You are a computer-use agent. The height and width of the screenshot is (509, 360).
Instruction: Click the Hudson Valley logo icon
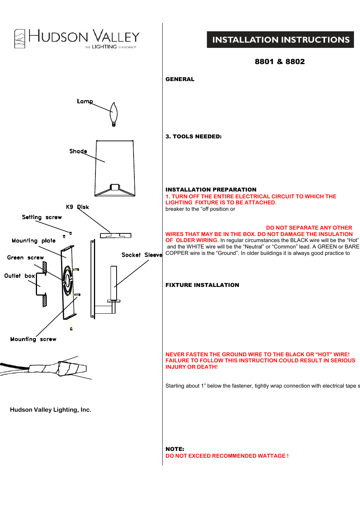pyautogui.click(x=20, y=39)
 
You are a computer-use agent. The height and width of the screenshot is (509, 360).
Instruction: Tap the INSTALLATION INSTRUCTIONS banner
pyautogui.click(x=280, y=40)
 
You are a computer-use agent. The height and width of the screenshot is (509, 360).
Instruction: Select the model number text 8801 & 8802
pyautogui.click(x=280, y=62)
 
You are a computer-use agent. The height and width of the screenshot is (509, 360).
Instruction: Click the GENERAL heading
pyautogui.click(x=180, y=79)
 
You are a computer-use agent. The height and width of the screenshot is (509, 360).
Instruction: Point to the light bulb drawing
pyautogui.click(x=114, y=114)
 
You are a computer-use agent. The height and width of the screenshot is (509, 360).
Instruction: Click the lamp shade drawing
pyautogui.click(x=115, y=168)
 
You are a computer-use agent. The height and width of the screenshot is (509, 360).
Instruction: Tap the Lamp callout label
pyautogui.click(x=85, y=101)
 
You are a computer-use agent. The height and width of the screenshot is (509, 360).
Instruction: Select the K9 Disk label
pyautogui.click(x=77, y=207)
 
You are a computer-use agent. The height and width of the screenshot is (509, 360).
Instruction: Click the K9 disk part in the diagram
pyautogui.click(x=115, y=236)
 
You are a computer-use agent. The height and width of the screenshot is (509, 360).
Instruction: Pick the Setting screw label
pyautogui.click(x=42, y=217)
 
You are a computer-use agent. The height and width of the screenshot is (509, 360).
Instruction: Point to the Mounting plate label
pyautogui.click(x=34, y=241)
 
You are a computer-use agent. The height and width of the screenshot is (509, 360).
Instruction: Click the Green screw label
pyautogui.click(x=25, y=258)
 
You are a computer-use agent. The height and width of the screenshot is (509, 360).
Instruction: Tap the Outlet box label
pyautogui.click(x=20, y=276)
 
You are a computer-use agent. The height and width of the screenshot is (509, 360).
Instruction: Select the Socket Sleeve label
pyautogui.click(x=142, y=255)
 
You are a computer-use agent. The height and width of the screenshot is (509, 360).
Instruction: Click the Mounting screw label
pyautogui.click(x=33, y=339)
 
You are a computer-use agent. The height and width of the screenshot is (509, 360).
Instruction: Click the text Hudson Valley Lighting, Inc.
pyautogui.click(x=51, y=410)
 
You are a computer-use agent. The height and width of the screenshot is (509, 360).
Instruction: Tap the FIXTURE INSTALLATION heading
pyautogui.click(x=202, y=285)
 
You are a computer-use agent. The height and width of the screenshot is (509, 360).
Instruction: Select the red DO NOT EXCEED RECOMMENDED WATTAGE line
pyautogui.click(x=227, y=456)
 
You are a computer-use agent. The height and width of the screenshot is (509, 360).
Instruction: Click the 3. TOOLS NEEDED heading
pyautogui.click(x=193, y=136)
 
